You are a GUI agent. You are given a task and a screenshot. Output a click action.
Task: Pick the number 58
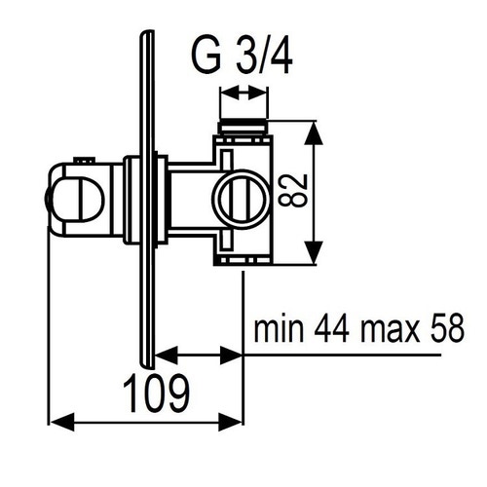(x=446, y=329)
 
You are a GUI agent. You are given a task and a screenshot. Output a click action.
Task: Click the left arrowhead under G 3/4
(x=228, y=94)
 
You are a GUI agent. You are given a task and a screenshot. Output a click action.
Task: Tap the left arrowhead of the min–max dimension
(x=163, y=355)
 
